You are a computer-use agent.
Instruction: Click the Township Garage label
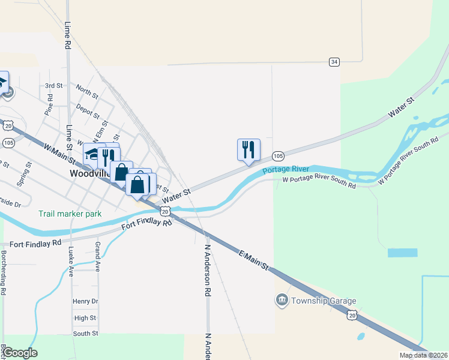coord(324,301)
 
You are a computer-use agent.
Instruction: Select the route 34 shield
coord(334,62)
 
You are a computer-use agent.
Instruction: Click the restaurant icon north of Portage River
coord(249,150)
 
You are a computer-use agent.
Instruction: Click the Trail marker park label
coord(70,214)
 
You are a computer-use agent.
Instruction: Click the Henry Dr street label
coord(85,301)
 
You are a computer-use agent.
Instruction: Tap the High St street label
coord(85,318)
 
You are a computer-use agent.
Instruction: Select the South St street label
coord(85,334)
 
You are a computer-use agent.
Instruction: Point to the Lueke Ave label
coord(71,261)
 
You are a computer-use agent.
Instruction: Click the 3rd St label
coord(53,86)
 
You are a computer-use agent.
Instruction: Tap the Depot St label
coord(88,111)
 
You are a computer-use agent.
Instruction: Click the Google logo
coord(20,353)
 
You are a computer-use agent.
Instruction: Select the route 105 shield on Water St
coord(277,155)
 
